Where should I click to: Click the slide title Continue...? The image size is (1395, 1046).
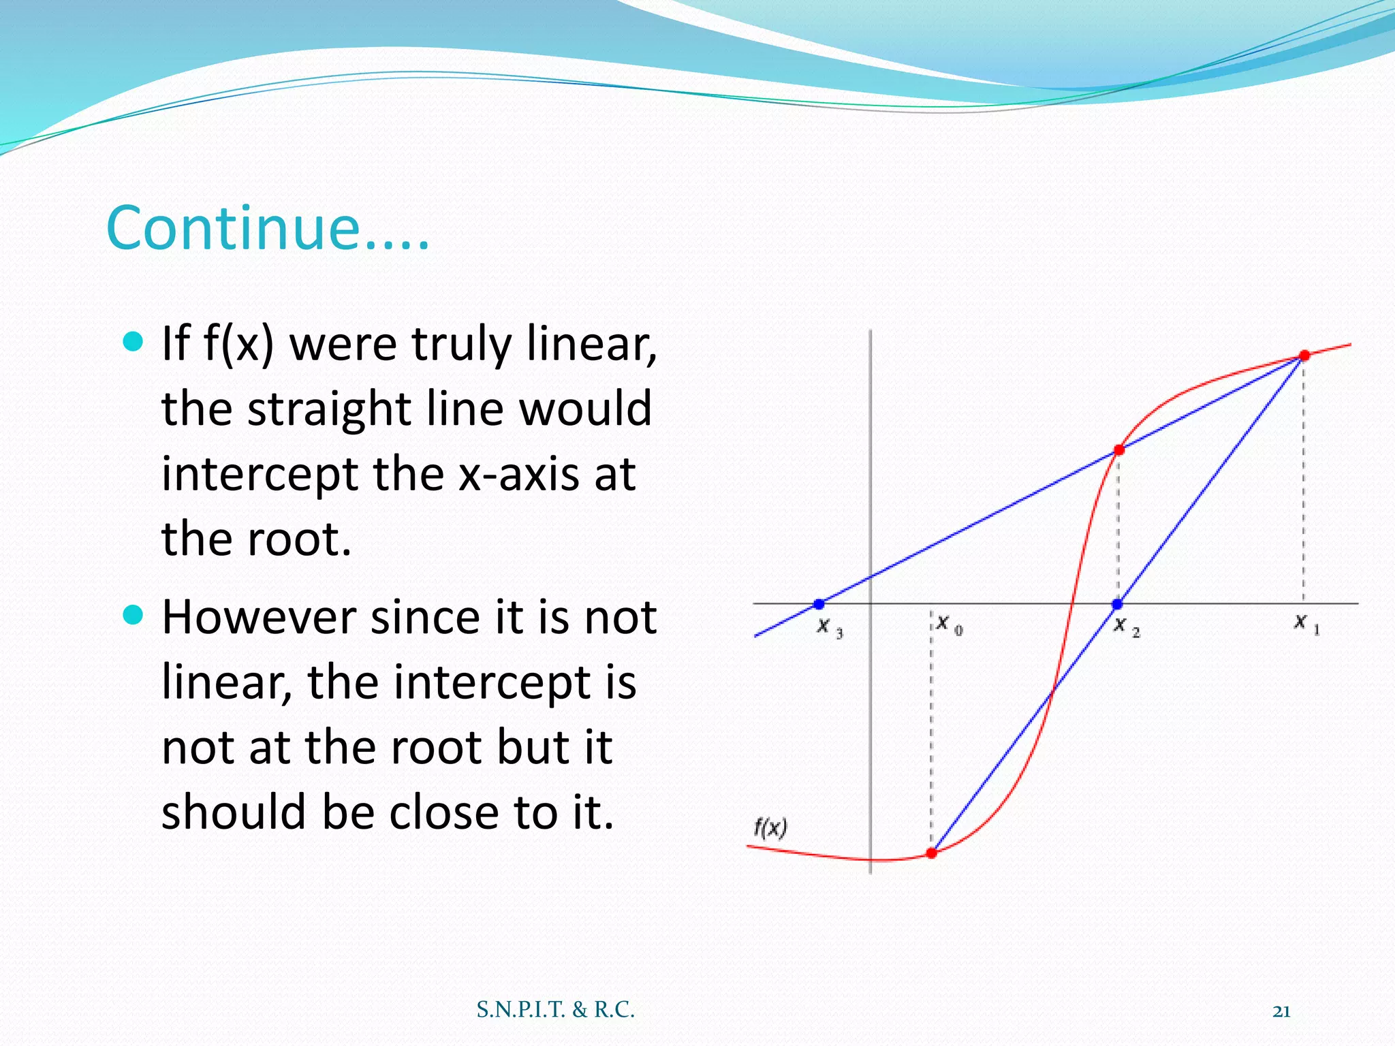point(268,228)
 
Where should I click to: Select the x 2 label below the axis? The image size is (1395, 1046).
point(1125,627)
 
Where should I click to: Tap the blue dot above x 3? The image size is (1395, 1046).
point(819,604)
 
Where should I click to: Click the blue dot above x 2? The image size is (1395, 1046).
point(1117,604)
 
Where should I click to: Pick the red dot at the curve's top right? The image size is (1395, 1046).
point(1304,355)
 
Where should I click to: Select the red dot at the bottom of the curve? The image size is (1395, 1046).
point(932,853)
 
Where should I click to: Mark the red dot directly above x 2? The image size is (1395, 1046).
point(1119,449)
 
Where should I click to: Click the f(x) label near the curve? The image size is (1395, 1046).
point(770,828)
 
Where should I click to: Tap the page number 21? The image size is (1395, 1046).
point(1281,1011)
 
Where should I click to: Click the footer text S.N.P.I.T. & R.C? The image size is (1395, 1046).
point(555,1009)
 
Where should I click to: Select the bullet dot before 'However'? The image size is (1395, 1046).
point(134,615)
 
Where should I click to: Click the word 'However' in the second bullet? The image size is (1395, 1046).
point(258,618)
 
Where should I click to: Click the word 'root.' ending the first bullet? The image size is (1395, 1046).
point(299,539)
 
